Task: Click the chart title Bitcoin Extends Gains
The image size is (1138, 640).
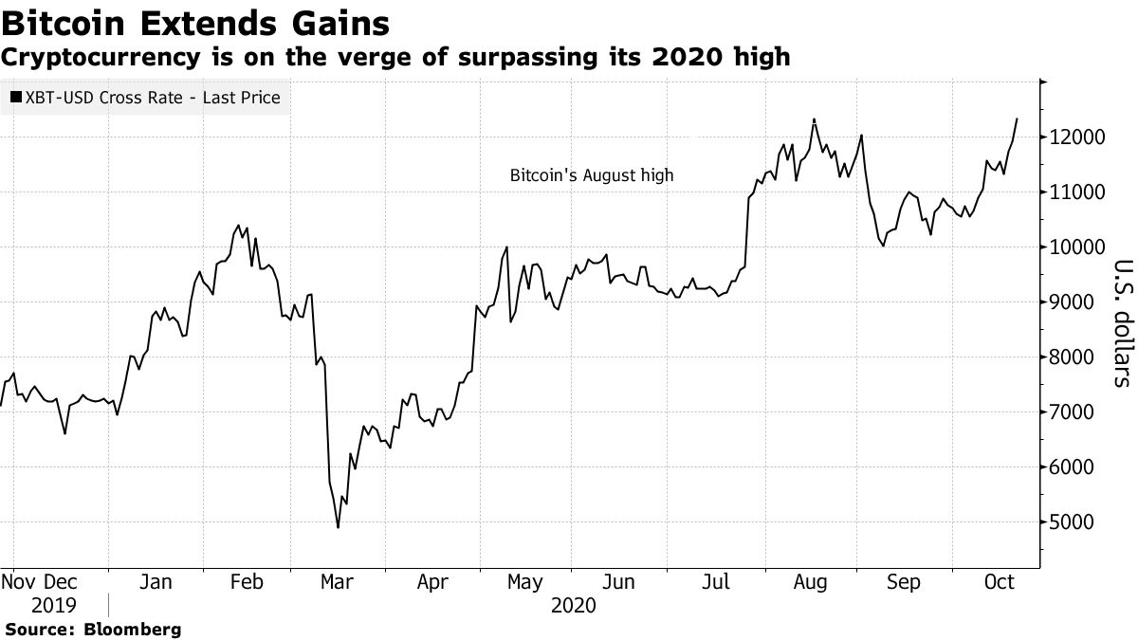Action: pyautogui.click(x=195, y=23)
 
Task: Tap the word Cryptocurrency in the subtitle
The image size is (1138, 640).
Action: pyautogui.click(x=101, y=58)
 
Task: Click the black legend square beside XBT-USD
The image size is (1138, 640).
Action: pyautogui.click(x=16, y=97)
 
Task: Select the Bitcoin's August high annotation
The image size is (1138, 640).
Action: pyautogui.click(x=592, y=175)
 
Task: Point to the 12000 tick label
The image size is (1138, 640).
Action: pyautogui.click(x=1076, y=137)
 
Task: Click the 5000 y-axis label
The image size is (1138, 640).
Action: pyautogui.click(x=1076, y=522)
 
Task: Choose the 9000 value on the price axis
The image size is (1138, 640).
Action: pyautogui.click(x=1076, y=302)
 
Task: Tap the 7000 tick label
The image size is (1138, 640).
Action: pyautogui.click(x=1076, y=411)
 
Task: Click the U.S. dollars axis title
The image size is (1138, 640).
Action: pyautogui.click(x=1124, y=323)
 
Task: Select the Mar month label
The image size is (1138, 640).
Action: pyautogui.click(x=337, y=582)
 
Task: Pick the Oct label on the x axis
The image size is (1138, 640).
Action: pyautogui.click(x=1000, y=582)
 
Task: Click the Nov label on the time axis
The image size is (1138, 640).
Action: pyautogui.click(x=17, y=582)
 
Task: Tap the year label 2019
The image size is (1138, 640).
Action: pyautogui.click(x=53, y=606)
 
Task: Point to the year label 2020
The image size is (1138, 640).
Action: pyautogui.click(x=574, y=606)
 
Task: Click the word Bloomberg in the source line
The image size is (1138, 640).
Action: pyautogui.click(x=133, y=630)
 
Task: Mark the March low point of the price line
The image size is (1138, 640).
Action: pyautogui.click(x=338, y=527)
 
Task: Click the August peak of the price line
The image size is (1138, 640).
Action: pyautogui.click(x=815, y=119)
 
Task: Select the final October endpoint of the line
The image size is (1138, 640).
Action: pyautogui.click(x=1017, y=119)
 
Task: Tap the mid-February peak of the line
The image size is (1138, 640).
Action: pyautogui.click(x=238, y=225)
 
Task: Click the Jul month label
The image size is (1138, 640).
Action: pyautogui.click(x=716, y=582)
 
